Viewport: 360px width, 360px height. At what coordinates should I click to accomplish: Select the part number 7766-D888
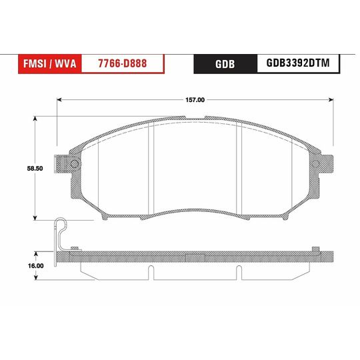[123, 63]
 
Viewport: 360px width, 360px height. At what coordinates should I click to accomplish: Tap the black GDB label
[224, 64]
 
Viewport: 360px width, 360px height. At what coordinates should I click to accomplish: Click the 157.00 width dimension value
[195, 100]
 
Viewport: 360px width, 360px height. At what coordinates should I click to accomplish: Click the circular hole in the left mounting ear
[74, 164]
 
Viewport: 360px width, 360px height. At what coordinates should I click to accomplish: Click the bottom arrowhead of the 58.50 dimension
[35, 218]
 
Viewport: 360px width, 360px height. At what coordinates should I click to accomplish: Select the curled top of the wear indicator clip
[61, 223]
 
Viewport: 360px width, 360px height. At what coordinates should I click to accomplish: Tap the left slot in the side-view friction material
[151, 271]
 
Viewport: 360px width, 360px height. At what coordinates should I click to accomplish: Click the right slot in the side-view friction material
[238, 271]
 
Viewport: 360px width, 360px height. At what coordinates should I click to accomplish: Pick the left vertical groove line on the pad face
[153, 170]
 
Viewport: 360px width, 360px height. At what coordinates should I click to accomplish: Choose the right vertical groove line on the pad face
[239, 170]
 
